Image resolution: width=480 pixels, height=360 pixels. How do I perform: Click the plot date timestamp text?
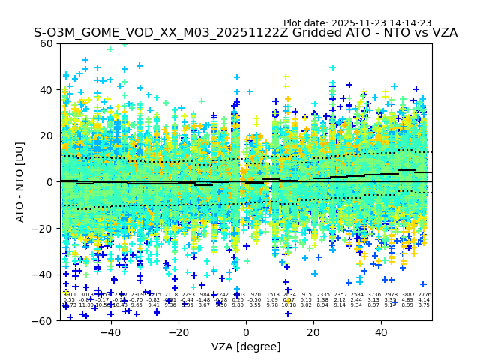click(x=357, y=23)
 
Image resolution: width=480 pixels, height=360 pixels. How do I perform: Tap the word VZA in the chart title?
click(x=442, y=34)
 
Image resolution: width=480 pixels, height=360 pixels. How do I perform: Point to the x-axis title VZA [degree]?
click(x=245, y=346)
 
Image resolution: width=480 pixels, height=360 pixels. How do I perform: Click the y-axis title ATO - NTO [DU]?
click(x=21, y=182)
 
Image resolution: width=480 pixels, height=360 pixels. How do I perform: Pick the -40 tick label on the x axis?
click(x=110, y=331)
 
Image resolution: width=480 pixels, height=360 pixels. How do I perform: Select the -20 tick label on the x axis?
click(x=178, y=331)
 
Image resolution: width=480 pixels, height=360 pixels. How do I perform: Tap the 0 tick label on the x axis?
click(x=246, y=331)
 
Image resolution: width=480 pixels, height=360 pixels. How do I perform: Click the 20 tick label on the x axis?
click(x=313, y=331)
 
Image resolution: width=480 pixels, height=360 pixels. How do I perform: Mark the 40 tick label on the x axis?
click(x=381, y=331)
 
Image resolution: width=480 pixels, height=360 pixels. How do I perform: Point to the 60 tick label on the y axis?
click(x=47, y=43)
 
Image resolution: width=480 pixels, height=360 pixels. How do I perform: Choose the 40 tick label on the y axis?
click(x=47, y=90)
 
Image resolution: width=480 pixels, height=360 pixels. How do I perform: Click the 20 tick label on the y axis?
click(x=47, y=136)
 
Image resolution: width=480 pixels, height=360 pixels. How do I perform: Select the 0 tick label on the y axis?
click(x=50, y=182)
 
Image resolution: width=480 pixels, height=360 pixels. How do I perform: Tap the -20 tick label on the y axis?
click(x=44, y=229)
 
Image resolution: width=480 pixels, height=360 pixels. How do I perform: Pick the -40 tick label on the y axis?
click(x=44, y=274)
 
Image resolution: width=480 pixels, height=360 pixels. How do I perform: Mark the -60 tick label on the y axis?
click(x=44, y=321)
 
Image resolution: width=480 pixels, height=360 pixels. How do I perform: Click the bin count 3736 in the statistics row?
click(x=373, y=295)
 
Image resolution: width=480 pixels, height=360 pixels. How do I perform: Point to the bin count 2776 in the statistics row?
click(x=424, y=295)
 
